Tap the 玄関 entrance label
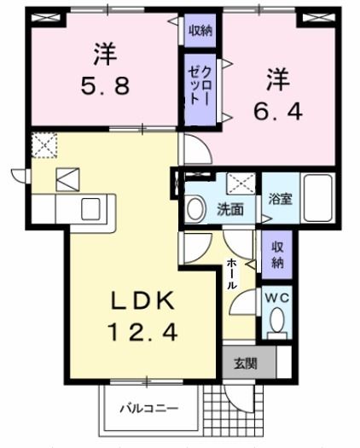click(x=245, y=363)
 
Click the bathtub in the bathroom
click(x=318, y=197)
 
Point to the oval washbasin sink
click(x=194, y=208)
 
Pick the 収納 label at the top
click(x=200, y=32)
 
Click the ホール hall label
click(x=231, y=275)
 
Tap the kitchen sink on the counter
click(x=89, y=207)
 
